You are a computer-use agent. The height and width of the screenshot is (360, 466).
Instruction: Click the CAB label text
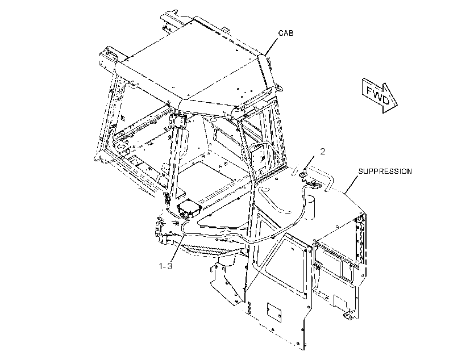(x=286, y=33)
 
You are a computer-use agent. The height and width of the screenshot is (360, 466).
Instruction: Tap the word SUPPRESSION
(x=385, y=171)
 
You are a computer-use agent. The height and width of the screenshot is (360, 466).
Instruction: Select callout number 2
(x=322, y=152)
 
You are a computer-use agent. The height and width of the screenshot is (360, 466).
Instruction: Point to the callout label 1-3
(x=165, y=266)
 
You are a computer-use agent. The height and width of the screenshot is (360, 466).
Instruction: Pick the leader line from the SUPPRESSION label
(x=351, y=185)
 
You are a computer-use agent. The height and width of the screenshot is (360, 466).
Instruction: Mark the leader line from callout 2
(x=312, y=163)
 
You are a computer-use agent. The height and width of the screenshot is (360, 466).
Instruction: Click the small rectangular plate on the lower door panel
(x=273, y=312)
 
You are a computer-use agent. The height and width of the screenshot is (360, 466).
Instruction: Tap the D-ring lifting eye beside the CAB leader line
(x=279, y=87)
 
